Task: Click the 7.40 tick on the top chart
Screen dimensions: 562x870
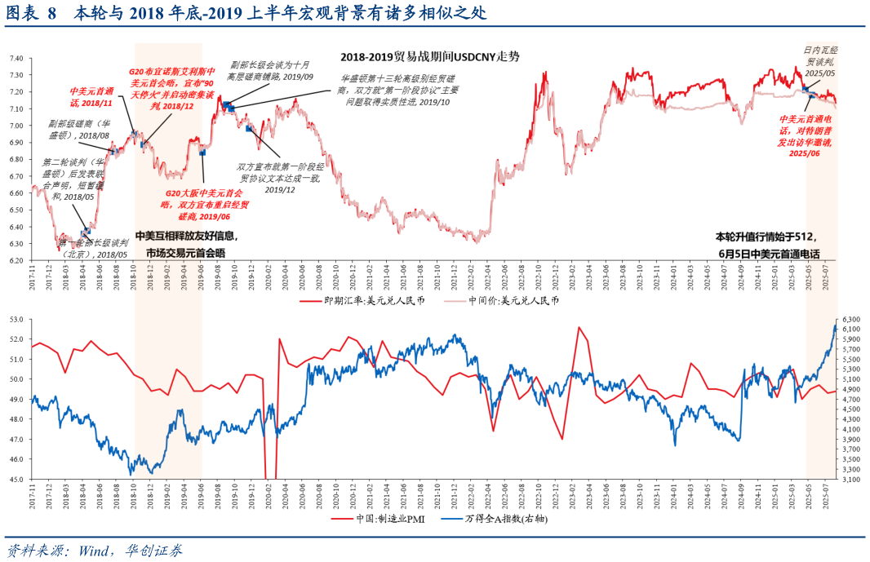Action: click(x=16, y=59)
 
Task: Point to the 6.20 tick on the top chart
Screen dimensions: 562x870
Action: click(x=16, y=260)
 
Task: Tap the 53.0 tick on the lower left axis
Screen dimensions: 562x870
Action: click(x=16, y=319)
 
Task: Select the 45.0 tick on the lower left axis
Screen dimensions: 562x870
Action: click(x=16, y=479)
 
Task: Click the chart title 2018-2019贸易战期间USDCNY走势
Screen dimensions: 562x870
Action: click(x=430, y=57)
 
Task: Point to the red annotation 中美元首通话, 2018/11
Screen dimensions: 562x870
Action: click(x=91, y=96)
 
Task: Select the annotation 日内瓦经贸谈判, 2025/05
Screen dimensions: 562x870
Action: click(x=819, y=61)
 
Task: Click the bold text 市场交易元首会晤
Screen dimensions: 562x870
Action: click(x=185, y=253)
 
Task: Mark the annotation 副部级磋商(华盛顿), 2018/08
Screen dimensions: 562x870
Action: click(x=78, y=131)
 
